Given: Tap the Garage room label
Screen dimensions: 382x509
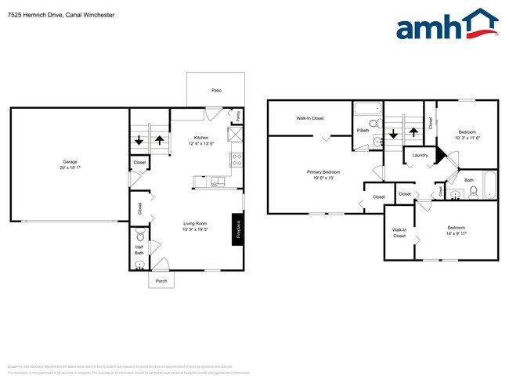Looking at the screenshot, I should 70,162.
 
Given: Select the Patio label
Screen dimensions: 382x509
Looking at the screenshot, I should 216,91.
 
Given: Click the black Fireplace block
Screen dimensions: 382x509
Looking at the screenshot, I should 236,229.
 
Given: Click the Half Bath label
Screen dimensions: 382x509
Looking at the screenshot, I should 139,250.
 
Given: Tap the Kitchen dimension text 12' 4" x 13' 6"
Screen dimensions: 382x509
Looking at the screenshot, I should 201,143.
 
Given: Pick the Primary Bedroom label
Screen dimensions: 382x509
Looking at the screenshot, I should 323,171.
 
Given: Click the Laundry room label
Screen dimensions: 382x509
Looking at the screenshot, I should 419,156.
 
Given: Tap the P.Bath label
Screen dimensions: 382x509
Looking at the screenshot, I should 363,130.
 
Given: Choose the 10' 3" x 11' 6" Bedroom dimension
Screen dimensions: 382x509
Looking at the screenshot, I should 467,138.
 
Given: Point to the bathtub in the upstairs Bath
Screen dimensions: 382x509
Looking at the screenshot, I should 489,185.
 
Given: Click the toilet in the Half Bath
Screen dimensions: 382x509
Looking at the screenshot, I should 140,235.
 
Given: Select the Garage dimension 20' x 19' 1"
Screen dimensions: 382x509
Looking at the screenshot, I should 70,168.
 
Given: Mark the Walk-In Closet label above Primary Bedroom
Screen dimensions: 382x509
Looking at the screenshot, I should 309,118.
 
